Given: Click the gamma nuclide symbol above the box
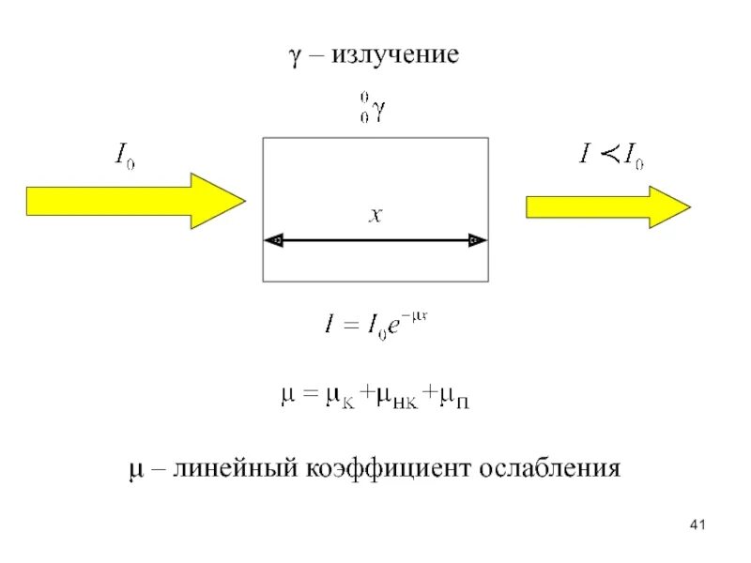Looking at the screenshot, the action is pos(372,108).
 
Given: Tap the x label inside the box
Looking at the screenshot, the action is pos(375,216).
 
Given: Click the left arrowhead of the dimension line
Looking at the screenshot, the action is pos(275,241).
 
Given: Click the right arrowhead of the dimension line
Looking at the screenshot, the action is pos(475,241).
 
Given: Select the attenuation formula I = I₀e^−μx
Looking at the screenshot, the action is pos(371,326).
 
